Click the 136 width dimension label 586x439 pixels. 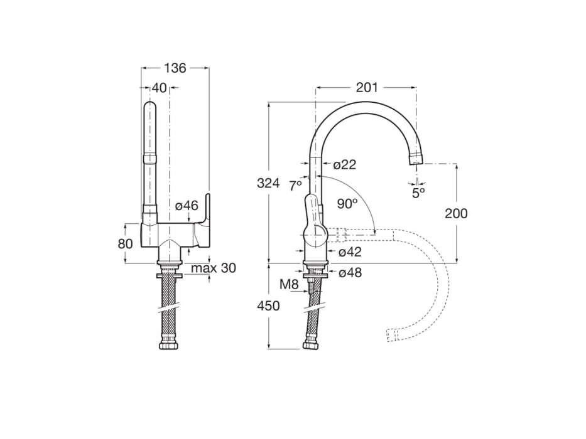tap(175, 68)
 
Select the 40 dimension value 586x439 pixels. tap(159, 88)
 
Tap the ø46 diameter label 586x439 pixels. tap(187, 205)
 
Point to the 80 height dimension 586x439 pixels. tap(125, 244)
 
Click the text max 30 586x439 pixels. tap(214, 268)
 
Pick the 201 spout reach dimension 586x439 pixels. tap(367, 88)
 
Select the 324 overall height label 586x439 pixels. tap(268, 183)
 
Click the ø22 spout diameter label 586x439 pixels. tap(345, 164)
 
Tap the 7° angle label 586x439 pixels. tap(295, 186)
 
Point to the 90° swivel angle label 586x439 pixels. tap(347, 204)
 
